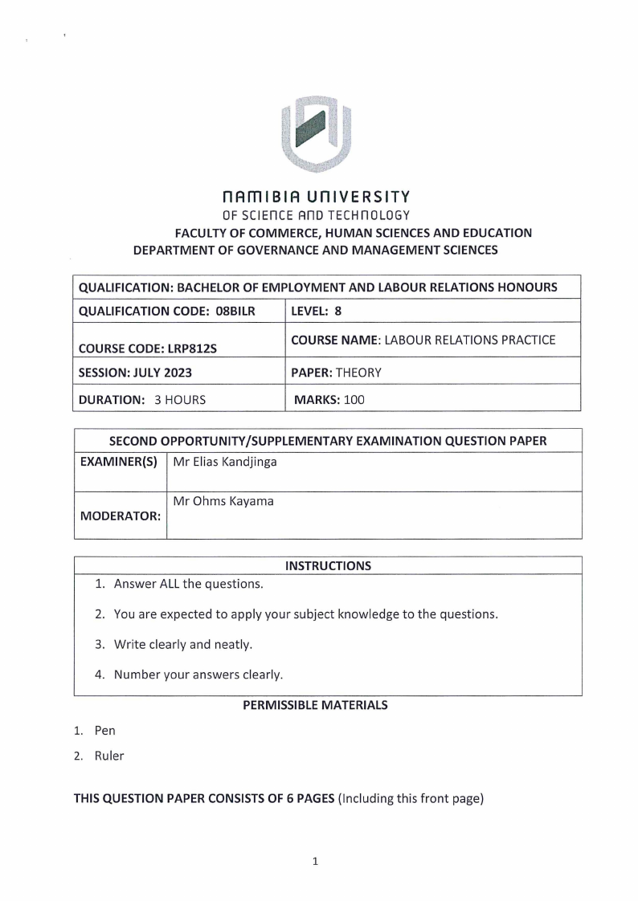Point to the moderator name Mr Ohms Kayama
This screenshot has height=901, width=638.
click(x=223, y=501)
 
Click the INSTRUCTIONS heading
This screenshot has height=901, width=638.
click(x=328, y=565)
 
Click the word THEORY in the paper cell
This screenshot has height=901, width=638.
click(x=358, y=373)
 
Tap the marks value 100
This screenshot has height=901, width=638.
click(x=354, y=399)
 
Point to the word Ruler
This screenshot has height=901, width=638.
click(x=109, y=756)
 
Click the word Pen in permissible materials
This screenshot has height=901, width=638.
click(x=105, y=731)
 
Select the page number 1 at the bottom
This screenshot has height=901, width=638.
click(x=316, y=862)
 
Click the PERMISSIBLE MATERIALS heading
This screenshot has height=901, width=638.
click(x=315, y=705)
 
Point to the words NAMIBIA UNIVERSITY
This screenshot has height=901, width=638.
click(x=316, y=196)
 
